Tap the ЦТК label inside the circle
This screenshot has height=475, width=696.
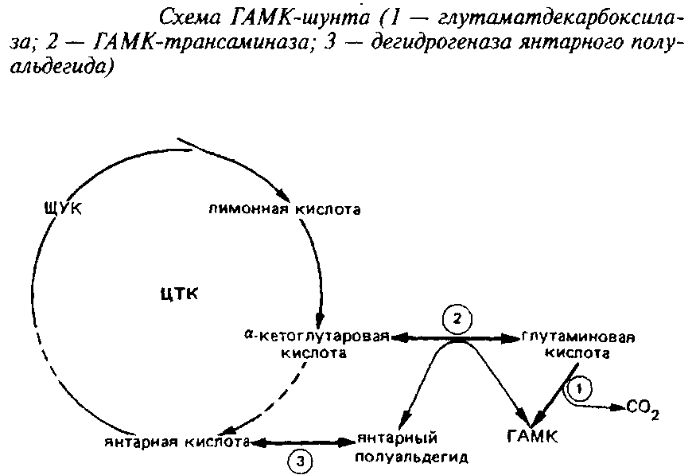(x=178, y=294)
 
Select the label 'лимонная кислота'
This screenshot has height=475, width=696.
(x=285, y=209)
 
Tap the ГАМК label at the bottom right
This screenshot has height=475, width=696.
(x=534, y=436)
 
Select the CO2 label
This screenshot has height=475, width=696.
(x=643, y=408)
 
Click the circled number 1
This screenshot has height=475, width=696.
(x=580, y=389)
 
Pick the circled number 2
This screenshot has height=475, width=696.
(x=456, y=320)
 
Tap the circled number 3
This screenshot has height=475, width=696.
(x=300, y=460)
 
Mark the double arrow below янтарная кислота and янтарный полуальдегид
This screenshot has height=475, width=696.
(x=302, y=441)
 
